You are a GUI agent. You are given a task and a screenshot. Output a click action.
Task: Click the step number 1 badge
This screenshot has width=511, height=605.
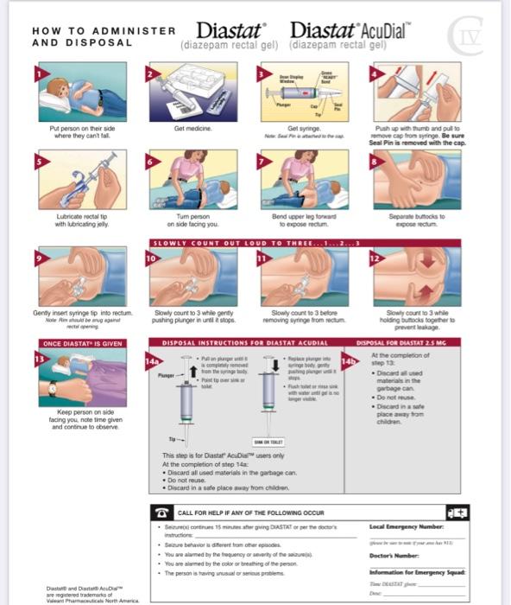tap(39, 74)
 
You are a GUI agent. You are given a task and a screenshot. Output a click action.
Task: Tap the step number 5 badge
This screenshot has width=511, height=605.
tap(39, 160)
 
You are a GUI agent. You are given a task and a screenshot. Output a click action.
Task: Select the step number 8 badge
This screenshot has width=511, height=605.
tap(375, 160)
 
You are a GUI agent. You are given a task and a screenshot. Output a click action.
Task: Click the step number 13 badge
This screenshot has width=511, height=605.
tap(39, 357)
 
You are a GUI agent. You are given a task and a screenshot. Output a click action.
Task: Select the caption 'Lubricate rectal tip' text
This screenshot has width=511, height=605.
tap(79, 216)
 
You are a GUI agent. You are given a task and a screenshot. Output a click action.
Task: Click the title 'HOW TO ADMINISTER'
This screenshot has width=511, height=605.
tap(104, 30)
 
